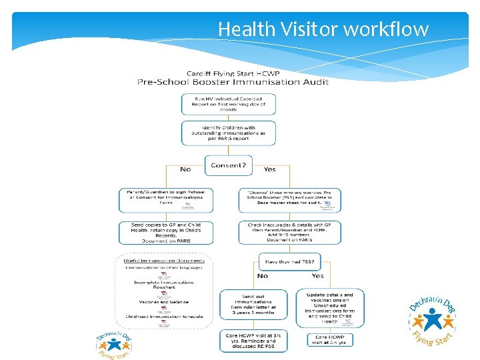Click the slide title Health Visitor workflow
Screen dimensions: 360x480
pos(323,29)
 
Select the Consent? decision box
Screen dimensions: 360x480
pos(229,165)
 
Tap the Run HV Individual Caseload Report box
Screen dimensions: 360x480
pos(229,104)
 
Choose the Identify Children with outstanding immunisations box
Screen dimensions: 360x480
pos(229,133)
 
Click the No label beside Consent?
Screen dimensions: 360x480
pos(185,169)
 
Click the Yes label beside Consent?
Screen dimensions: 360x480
pos(270,169)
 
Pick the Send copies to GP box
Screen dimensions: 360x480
pos(166,233)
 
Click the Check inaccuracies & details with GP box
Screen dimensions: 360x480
pos(289,233)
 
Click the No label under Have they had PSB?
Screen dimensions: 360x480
pos(263,275)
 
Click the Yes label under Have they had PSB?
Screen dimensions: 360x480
pos(317,275)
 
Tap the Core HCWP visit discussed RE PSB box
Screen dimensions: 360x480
pos(254,341)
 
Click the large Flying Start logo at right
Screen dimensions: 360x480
pos(432,321)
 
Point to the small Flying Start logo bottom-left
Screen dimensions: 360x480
pos(114,345)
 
